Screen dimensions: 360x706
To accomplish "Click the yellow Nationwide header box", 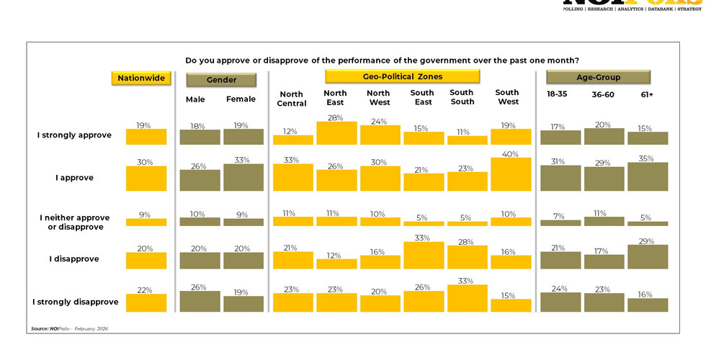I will point(141,78).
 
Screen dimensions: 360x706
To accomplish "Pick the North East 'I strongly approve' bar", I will point(336,133).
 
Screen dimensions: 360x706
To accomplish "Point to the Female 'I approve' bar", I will point(243,177).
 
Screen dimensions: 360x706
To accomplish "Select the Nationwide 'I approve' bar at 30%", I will point(146,179).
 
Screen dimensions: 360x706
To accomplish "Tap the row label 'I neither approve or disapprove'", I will point(71,222).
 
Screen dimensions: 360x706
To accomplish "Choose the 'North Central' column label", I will point(291,99).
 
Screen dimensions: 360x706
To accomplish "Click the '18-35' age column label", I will point(558,94).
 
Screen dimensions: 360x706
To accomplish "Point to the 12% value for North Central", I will point(291,130).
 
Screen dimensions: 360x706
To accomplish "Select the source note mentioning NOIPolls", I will point(69,328).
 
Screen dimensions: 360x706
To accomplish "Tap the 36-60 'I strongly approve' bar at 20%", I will point(604,137).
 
